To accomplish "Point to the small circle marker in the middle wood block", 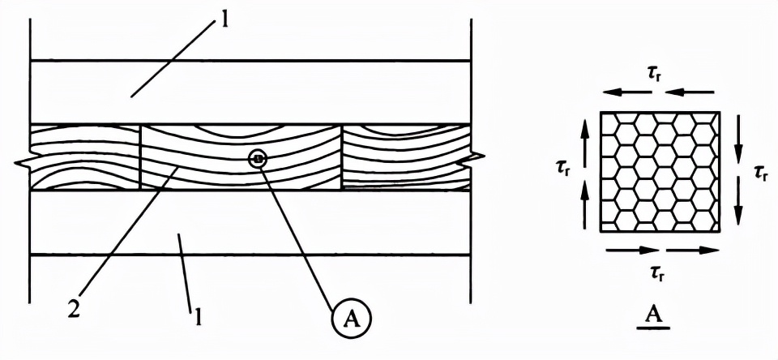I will pos(258,160).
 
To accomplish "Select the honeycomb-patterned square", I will pos(660,172).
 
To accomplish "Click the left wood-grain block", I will pos(84,156).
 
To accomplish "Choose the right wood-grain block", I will pos(405,156).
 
